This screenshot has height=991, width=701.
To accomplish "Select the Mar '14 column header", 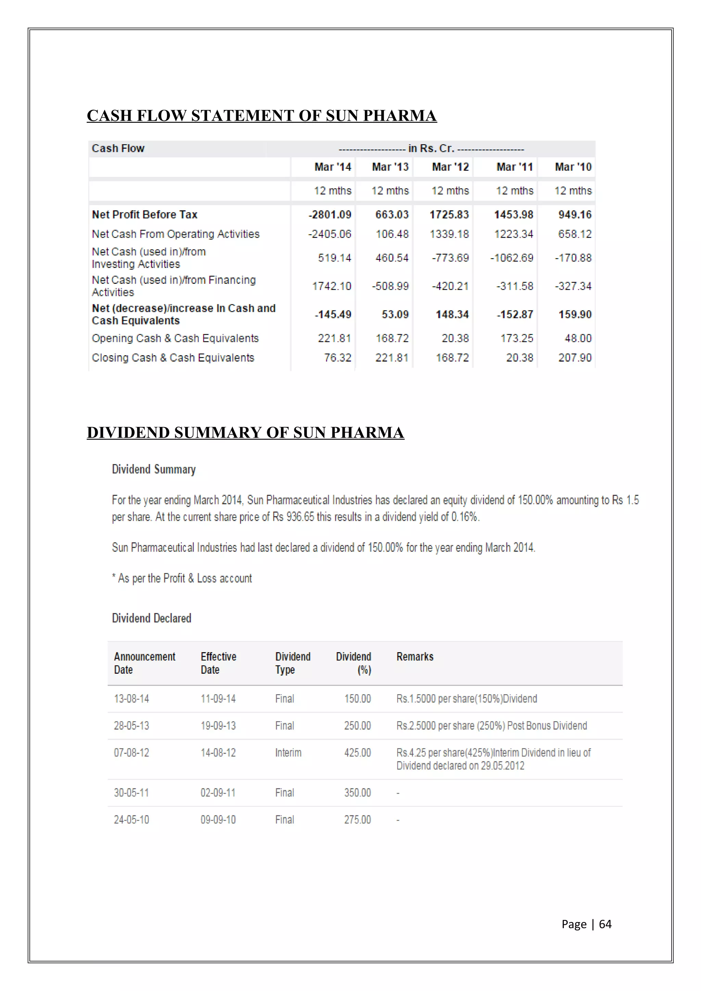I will pyautogui.click(x=333, y=167).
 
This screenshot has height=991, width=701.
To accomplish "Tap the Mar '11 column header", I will pyautogui.click(x=514, y=167).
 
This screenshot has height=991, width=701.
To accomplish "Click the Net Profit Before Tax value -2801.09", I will pyautogui.click(x=330, y=214).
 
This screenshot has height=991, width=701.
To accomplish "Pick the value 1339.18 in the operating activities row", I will pyautogui.click(x=449, y=234).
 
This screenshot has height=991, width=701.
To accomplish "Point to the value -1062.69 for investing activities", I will pyautogui.click(x=512, y=258).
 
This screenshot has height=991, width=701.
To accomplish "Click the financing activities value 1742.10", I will pyautogui.click(x=332, y=286).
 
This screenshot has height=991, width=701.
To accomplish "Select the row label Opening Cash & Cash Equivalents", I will pyautogui.click(x=175, y=339).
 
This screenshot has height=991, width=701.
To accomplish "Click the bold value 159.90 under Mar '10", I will pyautogui.click(x=575, y=315).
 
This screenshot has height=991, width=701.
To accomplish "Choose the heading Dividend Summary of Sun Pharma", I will pyautogui.click(x=245, y=433).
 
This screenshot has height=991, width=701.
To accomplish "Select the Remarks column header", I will pyautogui.click(x=415, y=657).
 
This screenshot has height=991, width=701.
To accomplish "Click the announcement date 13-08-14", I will pyautogui.click(x=131, y=699).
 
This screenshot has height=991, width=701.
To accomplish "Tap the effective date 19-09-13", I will pyautogui.click(x=218, y=726).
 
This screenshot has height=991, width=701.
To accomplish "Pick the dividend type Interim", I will pyautogui.click(x=288, y=753).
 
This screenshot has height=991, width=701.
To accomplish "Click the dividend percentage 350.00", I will pyautogui.click(x=357, y=793).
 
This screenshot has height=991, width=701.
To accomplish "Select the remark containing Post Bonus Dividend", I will pyautogui.click(x=492, y=726).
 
